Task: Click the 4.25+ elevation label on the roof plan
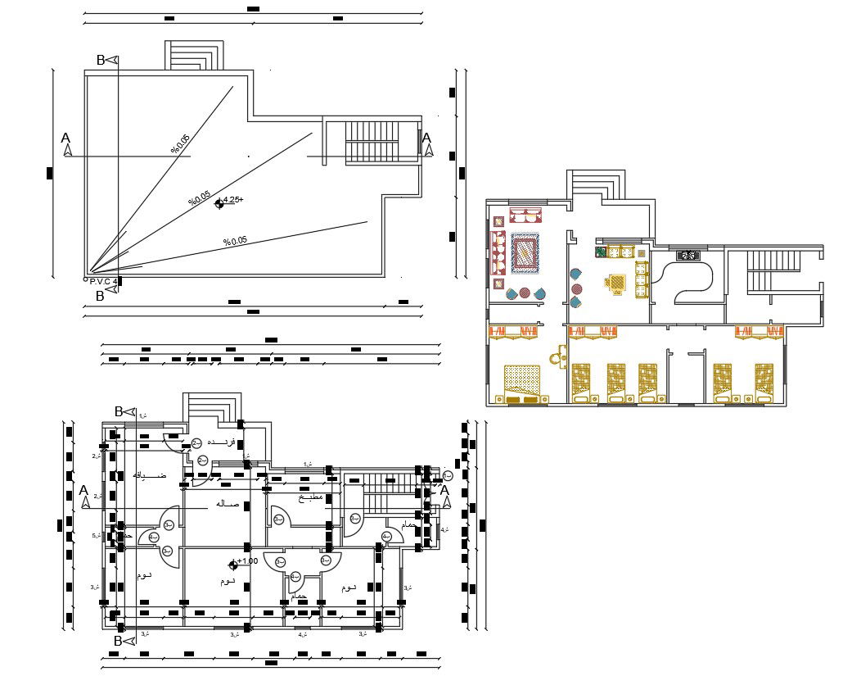pos(233,200)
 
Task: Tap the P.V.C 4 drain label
pos(104,281)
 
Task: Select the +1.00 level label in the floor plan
pos(248,561)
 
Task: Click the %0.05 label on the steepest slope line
pos(180,144)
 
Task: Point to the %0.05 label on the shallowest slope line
pos(236,241)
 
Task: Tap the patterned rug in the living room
pos(525,252)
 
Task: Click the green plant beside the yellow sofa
pos(600,252)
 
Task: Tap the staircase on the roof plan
pos(372,142)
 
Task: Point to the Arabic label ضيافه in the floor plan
pos(150,475)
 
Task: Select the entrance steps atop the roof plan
pos(194,56)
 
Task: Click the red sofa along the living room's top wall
pos(526,216)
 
